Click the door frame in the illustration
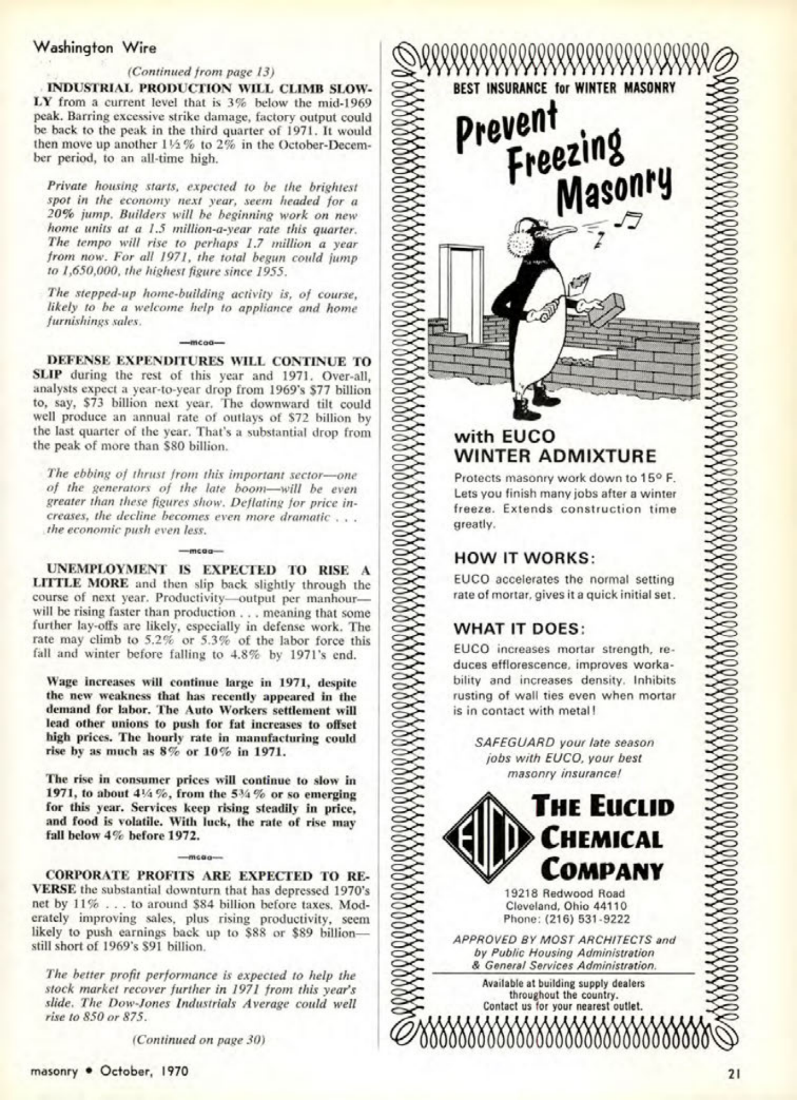click(462, 281)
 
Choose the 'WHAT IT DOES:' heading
click(519, 628)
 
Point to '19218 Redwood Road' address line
click(565, 893)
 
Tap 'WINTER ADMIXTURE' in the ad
click(555, 455)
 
